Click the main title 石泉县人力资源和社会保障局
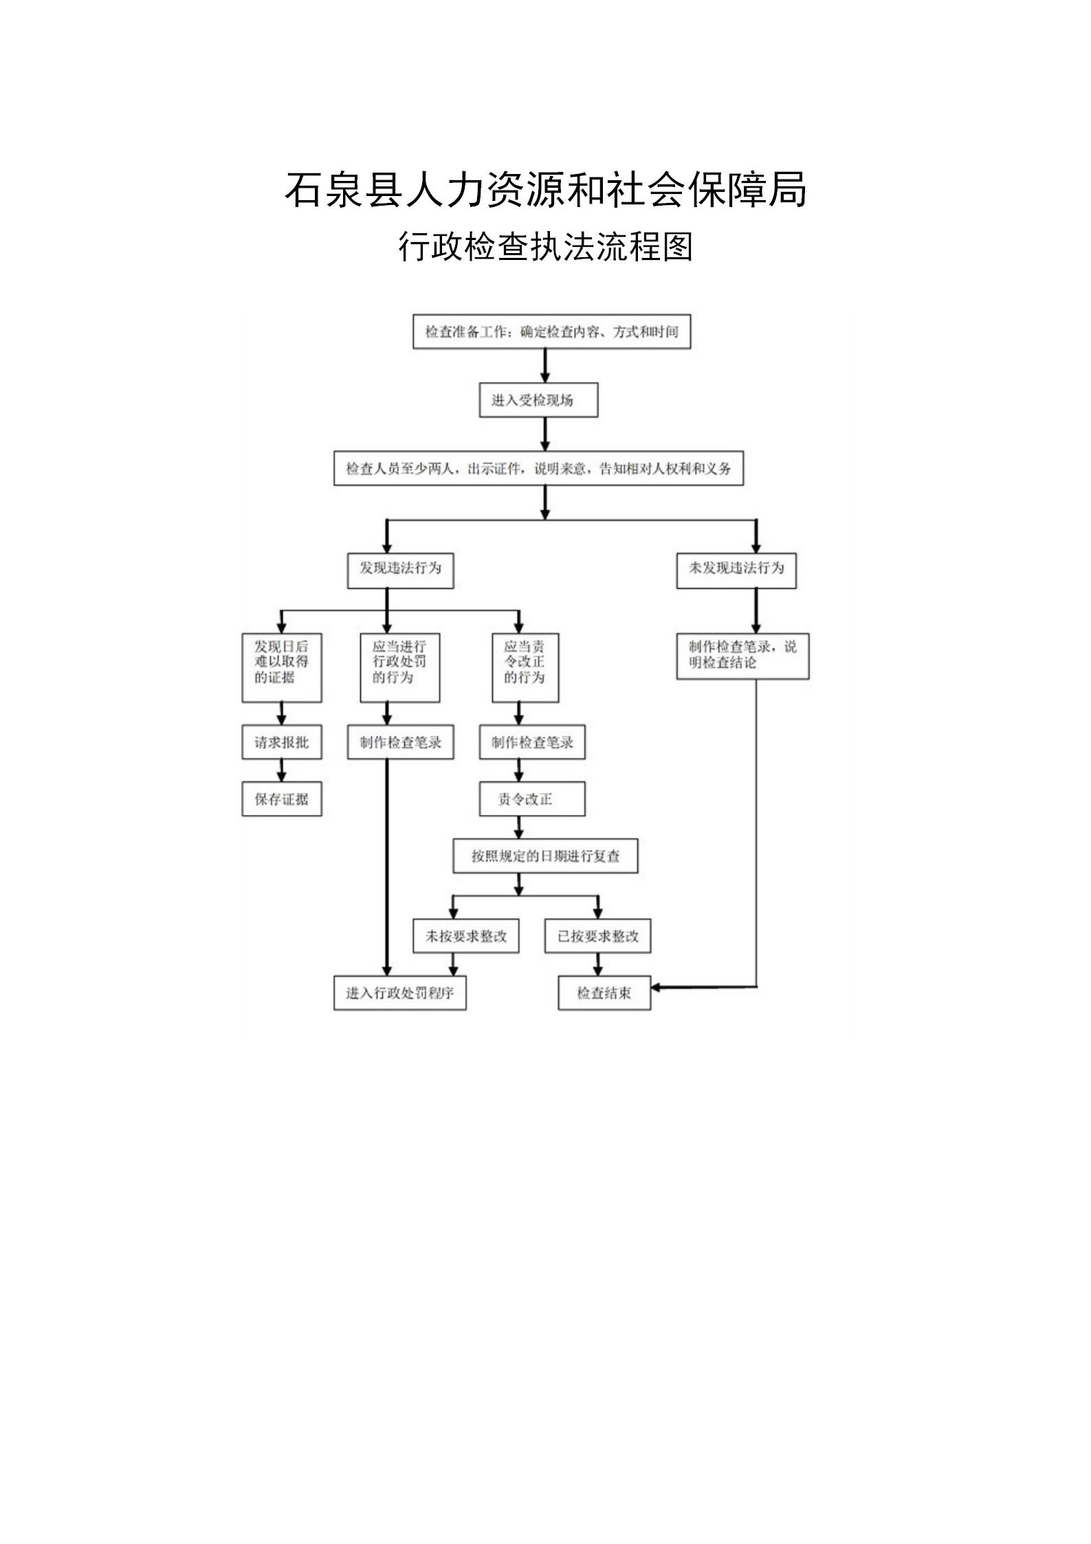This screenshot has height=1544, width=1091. [x=545, y=189]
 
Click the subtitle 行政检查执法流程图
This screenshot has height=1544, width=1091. [x=545, y=246]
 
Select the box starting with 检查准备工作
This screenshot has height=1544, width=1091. [x=551, y=331]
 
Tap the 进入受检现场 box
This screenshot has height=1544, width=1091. [x=538, y=400]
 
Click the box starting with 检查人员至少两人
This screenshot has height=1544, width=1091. [x=538, y=468]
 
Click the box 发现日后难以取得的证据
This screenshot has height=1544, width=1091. [x=282, y=667]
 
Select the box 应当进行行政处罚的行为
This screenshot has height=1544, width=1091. [x=400, y=667]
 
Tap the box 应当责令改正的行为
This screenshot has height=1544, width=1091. [x=525, y=667]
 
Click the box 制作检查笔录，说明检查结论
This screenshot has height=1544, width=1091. [x=742, y=656]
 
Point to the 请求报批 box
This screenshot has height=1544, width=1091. [x=282, y=742]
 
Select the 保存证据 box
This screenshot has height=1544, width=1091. [x=282, y=799]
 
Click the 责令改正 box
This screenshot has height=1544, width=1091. [x=532, y=799]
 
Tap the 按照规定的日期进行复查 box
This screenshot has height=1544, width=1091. [x=545, y=856]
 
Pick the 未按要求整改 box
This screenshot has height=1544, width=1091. [x=466, y=936]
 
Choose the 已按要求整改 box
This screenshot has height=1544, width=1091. [x=597, y=936]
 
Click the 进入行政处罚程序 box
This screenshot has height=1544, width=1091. [x=400, y=993]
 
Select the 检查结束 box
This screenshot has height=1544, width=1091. [x=604, y=993]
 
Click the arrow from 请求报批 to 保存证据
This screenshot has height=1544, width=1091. [x=282, y=770]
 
